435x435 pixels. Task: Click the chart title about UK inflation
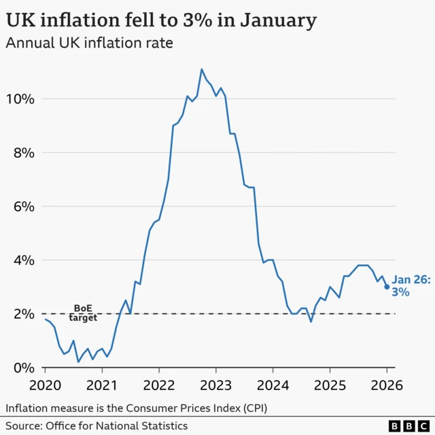(x=161, y=20)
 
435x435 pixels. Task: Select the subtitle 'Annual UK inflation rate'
(x=89, y=44)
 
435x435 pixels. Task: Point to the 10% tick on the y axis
(x=19, y=99)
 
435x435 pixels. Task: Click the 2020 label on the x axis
(x=46, y=385)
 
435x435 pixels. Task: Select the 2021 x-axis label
(x=102, y=385)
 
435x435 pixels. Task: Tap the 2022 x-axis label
(x=159, y=385)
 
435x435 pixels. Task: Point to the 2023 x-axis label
(x=215, y=385)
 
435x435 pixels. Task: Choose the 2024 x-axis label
(x=273, y=385)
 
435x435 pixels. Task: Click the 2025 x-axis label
(x=330, y=385)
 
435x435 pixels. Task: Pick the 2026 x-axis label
(x=387, y=385)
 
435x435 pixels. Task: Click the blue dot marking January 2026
(x=387, y=287)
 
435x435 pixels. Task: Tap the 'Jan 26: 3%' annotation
(x=411, y=285)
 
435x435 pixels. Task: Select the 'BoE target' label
(x=83, y=313)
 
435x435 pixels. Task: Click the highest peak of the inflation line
(x=202, y=69)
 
